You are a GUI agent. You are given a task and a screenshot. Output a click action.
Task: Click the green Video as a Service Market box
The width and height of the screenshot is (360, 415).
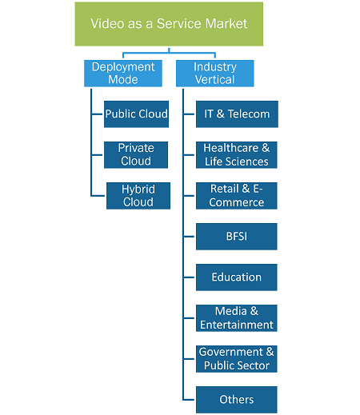point(169,24)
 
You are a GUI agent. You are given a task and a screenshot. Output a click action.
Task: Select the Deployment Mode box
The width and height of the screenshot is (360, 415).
point(123,74)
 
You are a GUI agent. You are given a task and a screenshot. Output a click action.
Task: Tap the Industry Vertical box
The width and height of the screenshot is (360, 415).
point(215,74)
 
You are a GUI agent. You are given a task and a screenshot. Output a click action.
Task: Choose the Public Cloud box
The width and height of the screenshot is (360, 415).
point(136,114)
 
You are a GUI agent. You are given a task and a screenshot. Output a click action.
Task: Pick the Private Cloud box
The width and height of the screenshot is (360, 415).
point(136,155)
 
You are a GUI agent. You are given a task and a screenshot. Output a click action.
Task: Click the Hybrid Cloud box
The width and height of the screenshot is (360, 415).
point(138,196)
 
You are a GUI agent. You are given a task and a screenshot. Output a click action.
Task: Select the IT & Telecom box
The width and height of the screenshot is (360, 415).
point(237,114)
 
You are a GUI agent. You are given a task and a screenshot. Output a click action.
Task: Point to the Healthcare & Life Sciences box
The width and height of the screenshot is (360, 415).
point(237,155)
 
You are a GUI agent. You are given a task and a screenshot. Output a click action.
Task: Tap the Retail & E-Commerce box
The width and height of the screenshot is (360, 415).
point(237,196)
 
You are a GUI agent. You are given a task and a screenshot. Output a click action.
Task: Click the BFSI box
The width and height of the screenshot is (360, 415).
point(237,237)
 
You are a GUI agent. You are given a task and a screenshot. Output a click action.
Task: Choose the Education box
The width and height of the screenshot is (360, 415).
point(237,277)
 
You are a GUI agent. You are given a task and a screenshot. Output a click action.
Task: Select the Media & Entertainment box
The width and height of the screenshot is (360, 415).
point(237,318)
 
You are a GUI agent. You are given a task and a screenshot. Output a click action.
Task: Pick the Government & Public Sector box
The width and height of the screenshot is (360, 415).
point(237,359)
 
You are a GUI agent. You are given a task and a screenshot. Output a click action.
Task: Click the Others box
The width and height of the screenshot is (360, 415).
point(237,400)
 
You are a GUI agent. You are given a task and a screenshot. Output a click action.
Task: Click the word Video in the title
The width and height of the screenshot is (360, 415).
point(107,23)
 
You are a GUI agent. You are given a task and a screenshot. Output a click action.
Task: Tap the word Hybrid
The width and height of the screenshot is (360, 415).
point(138,190)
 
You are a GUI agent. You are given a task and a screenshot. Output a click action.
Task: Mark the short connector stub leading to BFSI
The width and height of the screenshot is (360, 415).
point(190,237)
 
